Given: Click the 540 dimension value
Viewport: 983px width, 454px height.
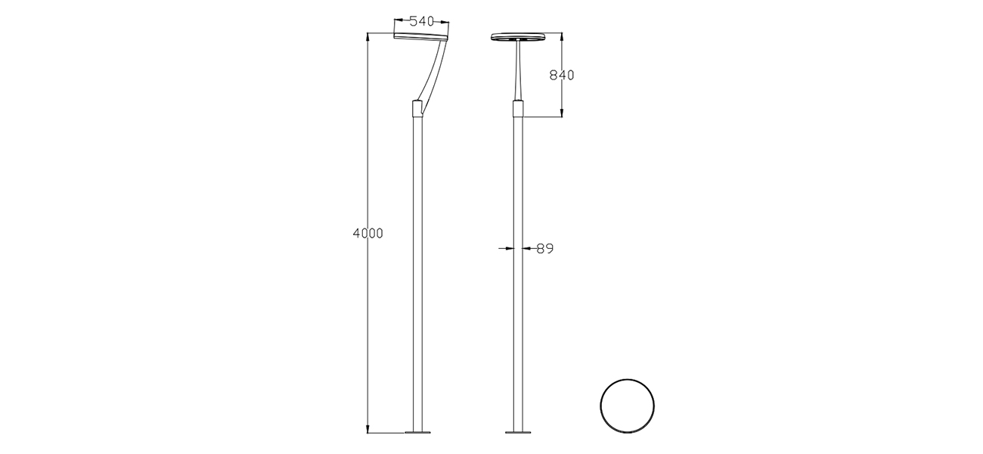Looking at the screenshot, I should (422, 22).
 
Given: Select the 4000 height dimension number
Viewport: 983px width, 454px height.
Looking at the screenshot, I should (368, 233).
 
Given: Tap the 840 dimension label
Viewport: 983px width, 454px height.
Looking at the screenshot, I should (562, 75).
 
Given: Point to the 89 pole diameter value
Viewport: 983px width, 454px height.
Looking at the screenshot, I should (545, 248).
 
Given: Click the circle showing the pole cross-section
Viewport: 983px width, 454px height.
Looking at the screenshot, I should (627, 404).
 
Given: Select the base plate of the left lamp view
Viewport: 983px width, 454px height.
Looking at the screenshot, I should (417, 433).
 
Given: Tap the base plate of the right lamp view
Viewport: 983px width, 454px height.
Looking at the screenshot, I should (519, 433).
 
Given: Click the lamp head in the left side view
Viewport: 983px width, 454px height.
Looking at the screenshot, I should (421, 36).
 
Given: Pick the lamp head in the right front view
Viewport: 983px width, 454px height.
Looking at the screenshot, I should (519, 37).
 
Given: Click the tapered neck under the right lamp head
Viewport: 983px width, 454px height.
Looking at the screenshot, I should (519, 72).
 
